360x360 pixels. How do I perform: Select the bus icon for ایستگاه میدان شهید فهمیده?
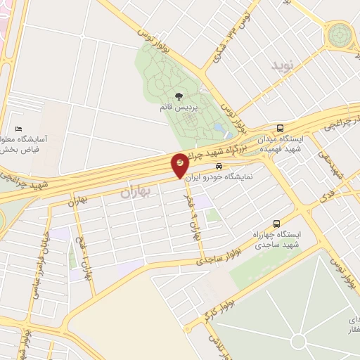click(281, 129)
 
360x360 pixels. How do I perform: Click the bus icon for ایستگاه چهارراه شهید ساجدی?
click(276, 223)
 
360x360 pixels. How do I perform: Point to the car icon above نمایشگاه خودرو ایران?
click(219, 167)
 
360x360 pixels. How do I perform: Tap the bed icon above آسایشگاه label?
click(18, 129)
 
